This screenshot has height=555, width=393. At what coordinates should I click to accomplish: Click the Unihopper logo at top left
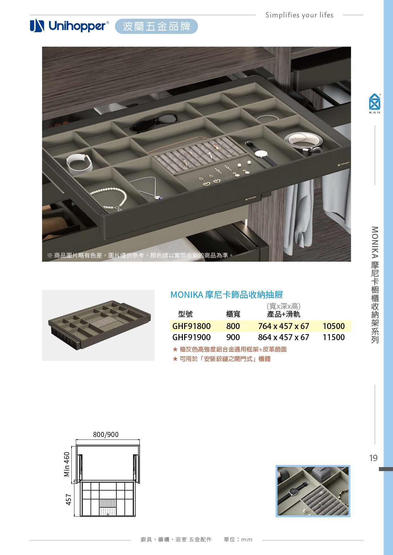[x=69, y=26]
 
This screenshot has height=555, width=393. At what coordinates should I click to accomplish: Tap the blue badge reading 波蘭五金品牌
[x=157, y=26]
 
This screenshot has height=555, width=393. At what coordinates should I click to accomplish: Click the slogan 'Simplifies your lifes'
[x=299, y=15]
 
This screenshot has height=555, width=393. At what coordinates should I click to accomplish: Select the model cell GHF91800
[x=191, y=326]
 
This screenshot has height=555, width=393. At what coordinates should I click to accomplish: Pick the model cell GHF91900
[x=191, y=337]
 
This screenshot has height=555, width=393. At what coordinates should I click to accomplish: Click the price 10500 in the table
[x=334, y=326]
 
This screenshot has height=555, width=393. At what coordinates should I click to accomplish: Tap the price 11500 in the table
[x=334, y=337]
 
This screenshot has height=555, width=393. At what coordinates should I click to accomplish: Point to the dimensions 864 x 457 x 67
[x=284, y=337]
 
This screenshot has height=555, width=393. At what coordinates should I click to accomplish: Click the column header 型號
[x=185, y=314]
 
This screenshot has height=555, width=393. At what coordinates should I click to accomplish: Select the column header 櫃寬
[x=233, y=314]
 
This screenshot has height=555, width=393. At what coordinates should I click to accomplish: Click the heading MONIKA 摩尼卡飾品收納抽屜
[x=227, y=295]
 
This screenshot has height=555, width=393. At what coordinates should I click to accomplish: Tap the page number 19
[x=373, y=458]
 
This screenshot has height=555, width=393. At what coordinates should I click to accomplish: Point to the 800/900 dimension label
[x=106, y=435]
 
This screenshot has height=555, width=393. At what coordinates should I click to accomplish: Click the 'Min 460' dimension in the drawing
[x=67, y=464]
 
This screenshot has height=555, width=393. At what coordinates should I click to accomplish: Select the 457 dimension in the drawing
[x=68, y=500]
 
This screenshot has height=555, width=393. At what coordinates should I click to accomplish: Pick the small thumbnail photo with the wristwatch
[x=313, y=491]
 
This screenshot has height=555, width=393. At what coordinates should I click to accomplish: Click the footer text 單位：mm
[x=238, y=539]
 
